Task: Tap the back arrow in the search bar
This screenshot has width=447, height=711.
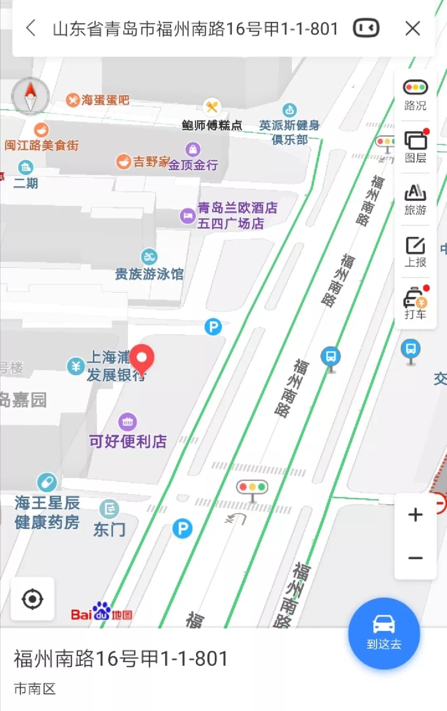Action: tap(31, 29)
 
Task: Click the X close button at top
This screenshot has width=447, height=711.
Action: tap(413, 29)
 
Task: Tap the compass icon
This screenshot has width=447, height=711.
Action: tap(31, 96)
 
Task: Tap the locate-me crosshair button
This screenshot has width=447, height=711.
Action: tap(32, 599)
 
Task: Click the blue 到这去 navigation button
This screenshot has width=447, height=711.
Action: tap(384, 633)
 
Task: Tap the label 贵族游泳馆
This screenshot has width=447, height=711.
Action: tap(149, 274)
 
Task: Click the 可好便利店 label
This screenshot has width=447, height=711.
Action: tap(128, 441)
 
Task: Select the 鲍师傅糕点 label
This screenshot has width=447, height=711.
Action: tap(212, 125)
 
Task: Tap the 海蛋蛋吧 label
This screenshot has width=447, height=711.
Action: tap(105, 100)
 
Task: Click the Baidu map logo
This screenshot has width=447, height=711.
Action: tap(101, 612)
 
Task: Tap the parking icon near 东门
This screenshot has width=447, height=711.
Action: tap(183, 529)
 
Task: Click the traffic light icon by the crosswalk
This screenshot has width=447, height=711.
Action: tap(252, 487)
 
